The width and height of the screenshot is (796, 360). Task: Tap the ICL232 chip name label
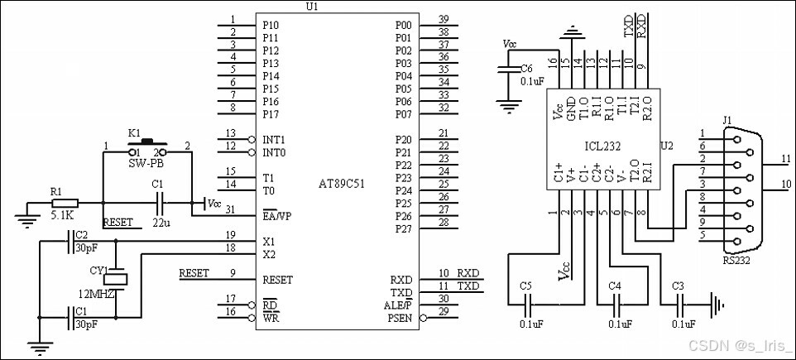pyautogui.click(x=602, y=146)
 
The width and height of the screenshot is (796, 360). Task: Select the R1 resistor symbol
pyautogui.click(x=65, y=203)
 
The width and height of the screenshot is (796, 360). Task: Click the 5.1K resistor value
pyautogui.click(x=62, y=215)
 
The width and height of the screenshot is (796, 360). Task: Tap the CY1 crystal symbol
pyautogui.click(x=116, y=279)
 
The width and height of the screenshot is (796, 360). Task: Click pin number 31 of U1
pyautogui.click(x=231, y=209)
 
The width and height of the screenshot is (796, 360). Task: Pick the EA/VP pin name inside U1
pyautogui.click(x=276, y=216)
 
